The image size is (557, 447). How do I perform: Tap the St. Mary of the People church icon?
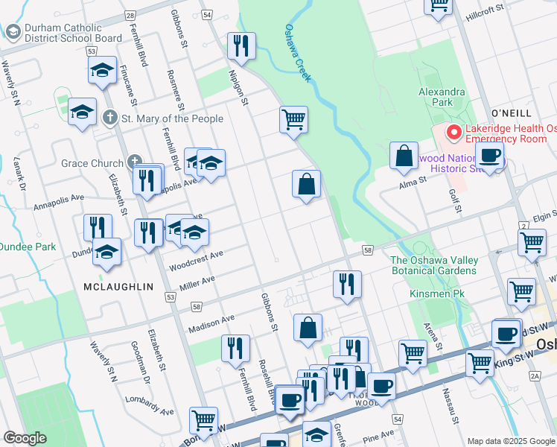click(110, 118)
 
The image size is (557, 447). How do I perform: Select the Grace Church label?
click(95, 163)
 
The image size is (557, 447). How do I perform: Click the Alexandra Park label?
click(441, 97)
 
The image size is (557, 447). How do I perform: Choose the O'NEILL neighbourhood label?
click(511, 112)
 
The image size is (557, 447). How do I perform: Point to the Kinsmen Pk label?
click(436, 294)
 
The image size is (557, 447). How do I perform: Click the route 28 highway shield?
click(130, 15)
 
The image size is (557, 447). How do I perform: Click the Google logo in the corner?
click(25, 438)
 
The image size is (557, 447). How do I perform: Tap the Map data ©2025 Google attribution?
click(511, 441)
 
